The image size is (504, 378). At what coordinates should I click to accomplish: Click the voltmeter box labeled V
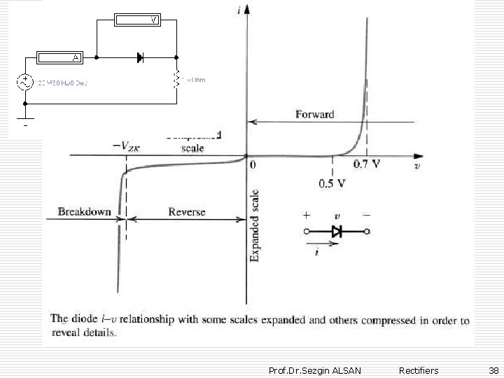136,19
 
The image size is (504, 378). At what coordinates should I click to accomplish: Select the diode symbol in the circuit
140,57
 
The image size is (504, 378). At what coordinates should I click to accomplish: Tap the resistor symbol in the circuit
177,79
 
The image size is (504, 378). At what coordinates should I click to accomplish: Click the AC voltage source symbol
25,82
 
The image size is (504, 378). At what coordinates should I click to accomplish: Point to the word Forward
315,114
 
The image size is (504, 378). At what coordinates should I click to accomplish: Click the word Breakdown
84,211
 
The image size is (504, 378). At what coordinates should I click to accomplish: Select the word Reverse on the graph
187,211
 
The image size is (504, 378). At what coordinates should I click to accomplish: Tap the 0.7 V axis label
367,165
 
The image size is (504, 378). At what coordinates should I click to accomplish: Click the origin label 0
253,165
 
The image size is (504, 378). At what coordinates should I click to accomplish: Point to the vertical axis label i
239,10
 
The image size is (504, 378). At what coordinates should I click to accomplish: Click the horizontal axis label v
417,166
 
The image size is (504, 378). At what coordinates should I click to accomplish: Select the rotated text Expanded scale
255,225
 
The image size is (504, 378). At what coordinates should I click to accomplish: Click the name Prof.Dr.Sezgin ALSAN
315,370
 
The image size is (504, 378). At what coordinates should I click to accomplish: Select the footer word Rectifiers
418,370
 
